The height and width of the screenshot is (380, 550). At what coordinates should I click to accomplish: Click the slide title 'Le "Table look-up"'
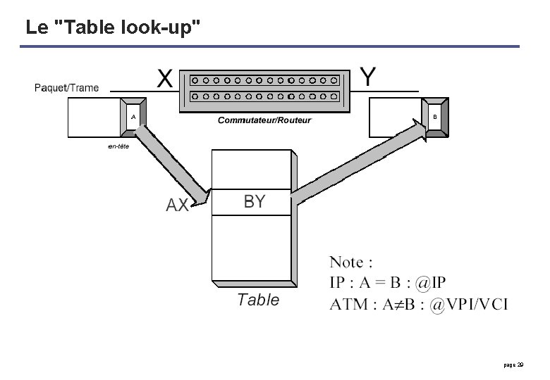pos(113,27)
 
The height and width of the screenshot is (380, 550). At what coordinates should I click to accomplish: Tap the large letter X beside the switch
pos(164,78)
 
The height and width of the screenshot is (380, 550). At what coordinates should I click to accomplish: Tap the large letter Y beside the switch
pos(367,77)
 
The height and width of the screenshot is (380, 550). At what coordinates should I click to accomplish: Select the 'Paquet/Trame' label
pos(66,88)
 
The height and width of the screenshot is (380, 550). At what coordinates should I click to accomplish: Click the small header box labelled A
pos(133,117)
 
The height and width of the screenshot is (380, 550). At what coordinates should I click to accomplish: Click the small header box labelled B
pos(435,118)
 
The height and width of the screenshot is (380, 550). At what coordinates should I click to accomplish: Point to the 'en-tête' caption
pos(118,146)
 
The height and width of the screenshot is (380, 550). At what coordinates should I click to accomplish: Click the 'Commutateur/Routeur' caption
pos(264,120)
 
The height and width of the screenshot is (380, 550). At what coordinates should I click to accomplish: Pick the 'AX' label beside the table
pos(177,205)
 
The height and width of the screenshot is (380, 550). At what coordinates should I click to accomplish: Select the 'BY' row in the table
pos(252,202)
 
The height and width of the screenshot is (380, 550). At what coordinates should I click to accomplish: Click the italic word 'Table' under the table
pos(258,300)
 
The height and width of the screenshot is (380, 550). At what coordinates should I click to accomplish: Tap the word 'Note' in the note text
pos(346,262)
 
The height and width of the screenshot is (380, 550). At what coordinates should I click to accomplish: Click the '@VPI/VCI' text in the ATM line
pos(468,305)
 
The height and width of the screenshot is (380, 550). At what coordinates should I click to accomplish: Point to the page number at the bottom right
pos(513,365)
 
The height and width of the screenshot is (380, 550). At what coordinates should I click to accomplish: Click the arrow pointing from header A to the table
pos(171,165)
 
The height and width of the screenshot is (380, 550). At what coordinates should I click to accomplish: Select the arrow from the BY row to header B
pos(359,162)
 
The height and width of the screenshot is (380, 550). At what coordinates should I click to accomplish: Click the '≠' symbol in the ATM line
pos(398,305)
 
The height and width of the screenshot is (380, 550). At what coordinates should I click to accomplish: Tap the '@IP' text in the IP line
pos(430,283)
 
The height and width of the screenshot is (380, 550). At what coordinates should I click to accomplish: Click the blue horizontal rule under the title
pos(269,46)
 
